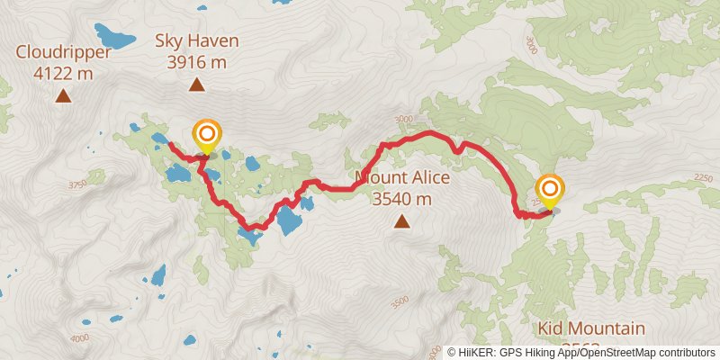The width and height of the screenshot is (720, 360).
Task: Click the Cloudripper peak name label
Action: point(63,52)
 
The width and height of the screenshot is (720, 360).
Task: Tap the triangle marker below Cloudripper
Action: point(63,94)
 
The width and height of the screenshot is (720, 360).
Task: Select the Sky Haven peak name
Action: point(196,40)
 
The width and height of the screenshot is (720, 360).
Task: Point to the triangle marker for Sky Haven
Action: point(196,85)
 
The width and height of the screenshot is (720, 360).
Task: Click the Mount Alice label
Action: point(401,177)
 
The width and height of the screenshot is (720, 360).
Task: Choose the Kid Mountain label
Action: point(591,328)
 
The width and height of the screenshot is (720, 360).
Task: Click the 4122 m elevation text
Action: point(63,74)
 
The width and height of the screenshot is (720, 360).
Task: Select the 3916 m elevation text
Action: point(196,62)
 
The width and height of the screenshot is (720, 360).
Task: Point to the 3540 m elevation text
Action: point(401,199)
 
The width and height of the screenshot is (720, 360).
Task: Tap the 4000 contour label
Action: point(80,337)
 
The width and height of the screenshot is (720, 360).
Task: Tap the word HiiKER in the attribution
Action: point(477,353)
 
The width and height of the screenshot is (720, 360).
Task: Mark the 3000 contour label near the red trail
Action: point(402,119)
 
